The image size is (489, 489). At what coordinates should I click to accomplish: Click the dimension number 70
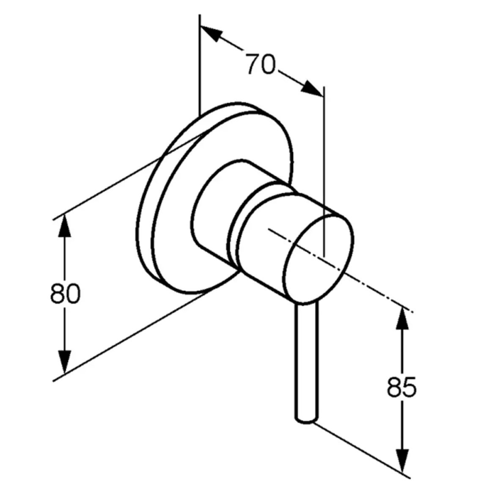(x=261, y=64)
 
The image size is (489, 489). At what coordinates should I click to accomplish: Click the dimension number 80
(x=65, y=293)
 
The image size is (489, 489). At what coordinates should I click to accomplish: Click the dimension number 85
(x=402, y=387)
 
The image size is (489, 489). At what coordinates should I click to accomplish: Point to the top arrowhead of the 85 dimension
(x=402, y=318)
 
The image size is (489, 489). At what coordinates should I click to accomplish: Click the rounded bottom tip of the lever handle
(x=307, y=421)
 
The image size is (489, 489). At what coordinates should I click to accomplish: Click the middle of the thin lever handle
(x=307, y=362)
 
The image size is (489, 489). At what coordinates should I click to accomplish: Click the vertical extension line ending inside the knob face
(x=324, y=171)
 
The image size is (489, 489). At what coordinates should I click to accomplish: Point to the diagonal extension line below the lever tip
(x=362, y=450)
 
